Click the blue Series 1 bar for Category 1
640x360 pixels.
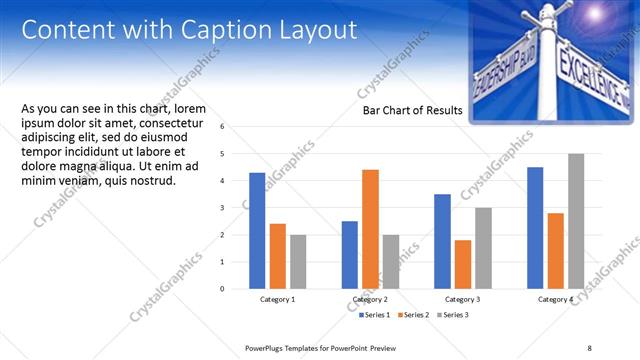tap(257, 231)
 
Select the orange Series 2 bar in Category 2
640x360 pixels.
tap(370, 229)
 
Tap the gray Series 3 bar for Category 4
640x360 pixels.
tap(576, 221)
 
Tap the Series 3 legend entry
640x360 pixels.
tap(452, 315)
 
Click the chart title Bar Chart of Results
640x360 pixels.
tap(412, 111)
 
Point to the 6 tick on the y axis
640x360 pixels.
tap(236, 127)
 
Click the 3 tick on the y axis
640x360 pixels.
tap(236, 208)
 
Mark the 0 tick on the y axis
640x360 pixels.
tap(236, 289)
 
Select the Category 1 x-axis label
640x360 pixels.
tap(278, 299)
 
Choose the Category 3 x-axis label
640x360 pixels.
tap(462, 299)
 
